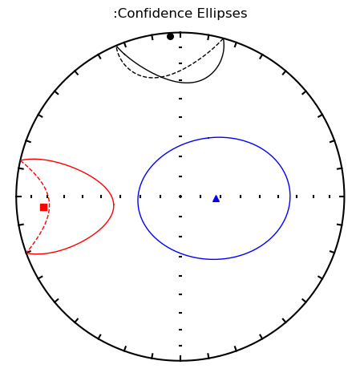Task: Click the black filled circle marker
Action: click(170, 37)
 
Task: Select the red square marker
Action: click(43, 207)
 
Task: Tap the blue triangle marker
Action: click(216, 199)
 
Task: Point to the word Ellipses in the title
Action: click(222, 14)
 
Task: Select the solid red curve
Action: click(114, 205)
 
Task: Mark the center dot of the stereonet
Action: click(180, 197)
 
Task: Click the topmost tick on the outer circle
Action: click(180, 35)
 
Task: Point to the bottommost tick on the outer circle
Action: click(180, 359)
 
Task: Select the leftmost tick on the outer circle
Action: click(19, 197)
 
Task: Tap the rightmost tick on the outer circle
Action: click(342, 197)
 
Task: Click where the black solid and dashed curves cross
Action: click(161, 77)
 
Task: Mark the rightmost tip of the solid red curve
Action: click(114, 205)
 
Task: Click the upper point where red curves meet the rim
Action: click(21, 160)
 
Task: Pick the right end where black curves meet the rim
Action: click(223, 39)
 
